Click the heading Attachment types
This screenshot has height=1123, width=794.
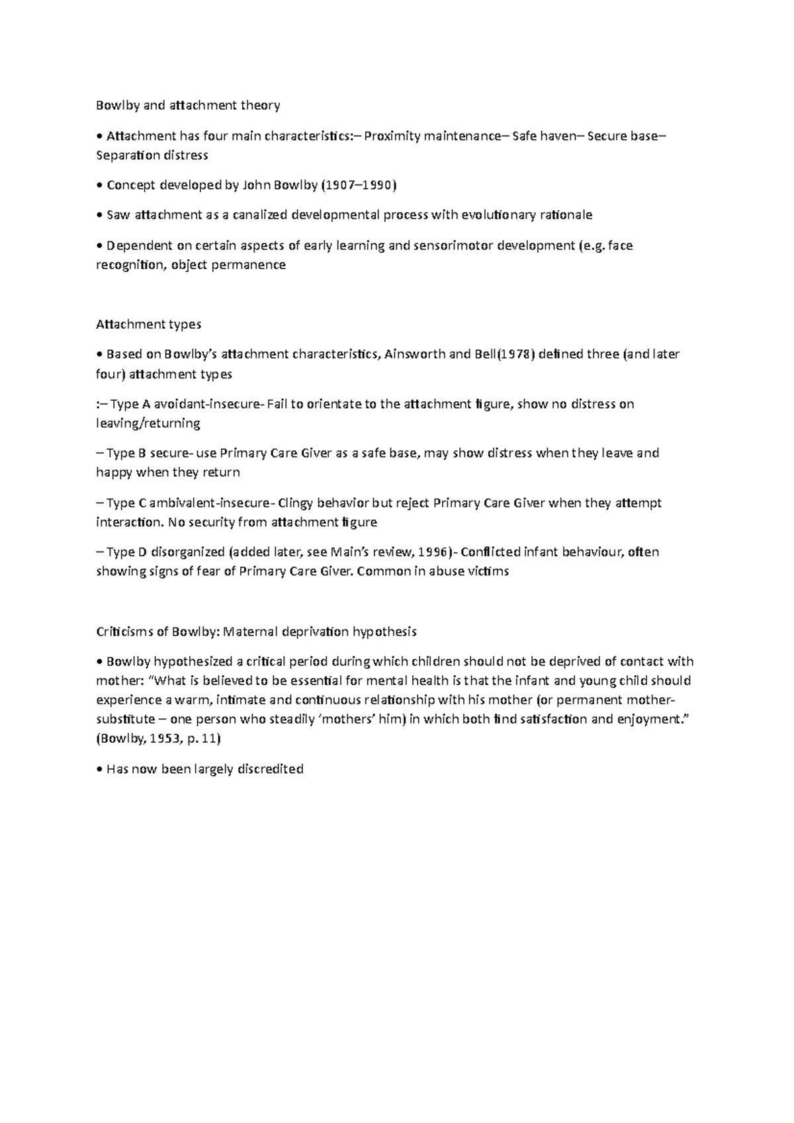pos(148,324)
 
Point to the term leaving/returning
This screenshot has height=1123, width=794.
pos(148,423)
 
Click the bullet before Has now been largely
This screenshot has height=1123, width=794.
pos(99,770)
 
